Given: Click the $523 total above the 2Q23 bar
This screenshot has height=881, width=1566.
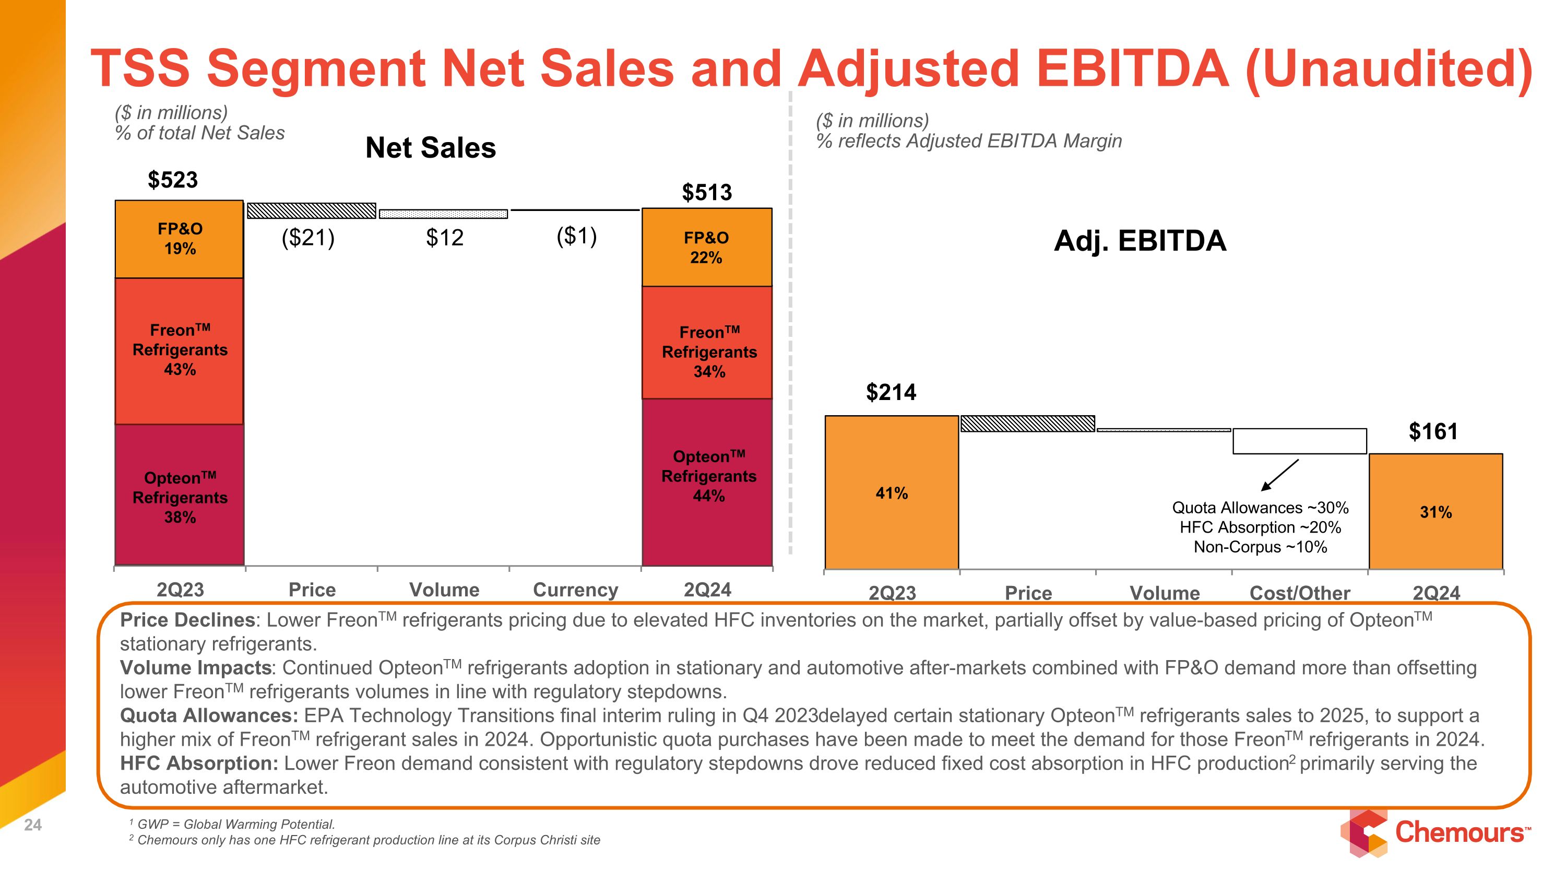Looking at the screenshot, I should point(173,180).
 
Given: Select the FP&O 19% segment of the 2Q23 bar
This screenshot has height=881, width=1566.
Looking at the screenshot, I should point(180,239).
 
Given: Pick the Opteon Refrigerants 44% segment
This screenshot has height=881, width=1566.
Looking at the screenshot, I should point(708,480).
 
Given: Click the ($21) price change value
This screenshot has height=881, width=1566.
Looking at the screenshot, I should point(307,237).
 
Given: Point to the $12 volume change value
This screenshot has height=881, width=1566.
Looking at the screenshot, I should point(444,237).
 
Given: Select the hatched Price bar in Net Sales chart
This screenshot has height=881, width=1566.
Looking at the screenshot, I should point(311,210).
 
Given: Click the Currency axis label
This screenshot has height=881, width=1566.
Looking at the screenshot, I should point(575,590).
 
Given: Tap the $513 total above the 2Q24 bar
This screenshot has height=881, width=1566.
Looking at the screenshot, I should point(706,193).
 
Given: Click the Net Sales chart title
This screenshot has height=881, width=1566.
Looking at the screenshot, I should point(431,148).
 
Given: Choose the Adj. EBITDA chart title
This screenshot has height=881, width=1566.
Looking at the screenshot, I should point(1140,241).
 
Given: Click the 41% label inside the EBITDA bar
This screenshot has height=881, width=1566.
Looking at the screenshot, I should point(891,493).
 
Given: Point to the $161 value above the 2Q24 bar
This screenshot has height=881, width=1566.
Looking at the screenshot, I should point(1433,432).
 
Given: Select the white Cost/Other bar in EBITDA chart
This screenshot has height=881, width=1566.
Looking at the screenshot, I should point(1300,441).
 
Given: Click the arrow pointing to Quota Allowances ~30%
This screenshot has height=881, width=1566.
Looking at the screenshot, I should point(1279,475).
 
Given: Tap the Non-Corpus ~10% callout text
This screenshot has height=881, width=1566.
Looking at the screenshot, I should point(1260,547).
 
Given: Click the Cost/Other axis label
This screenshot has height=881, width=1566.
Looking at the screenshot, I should point(1300,593).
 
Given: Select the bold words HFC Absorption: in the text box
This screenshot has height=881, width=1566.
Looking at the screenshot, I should point(199,763).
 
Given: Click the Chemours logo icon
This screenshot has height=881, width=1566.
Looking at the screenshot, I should point(1364,833).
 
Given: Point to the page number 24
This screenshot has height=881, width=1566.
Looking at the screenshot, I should point(33,825).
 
